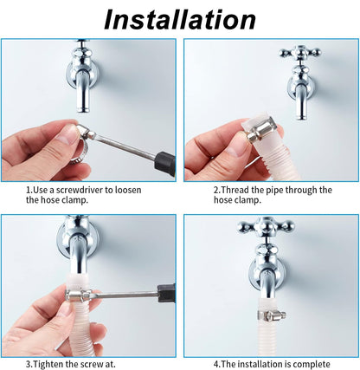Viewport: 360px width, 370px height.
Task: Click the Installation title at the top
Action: point(180,18)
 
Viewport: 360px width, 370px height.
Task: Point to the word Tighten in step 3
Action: point(53,363)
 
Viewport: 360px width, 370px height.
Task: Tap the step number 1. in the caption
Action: point(29,190)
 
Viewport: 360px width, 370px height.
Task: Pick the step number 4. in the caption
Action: point(217,363)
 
